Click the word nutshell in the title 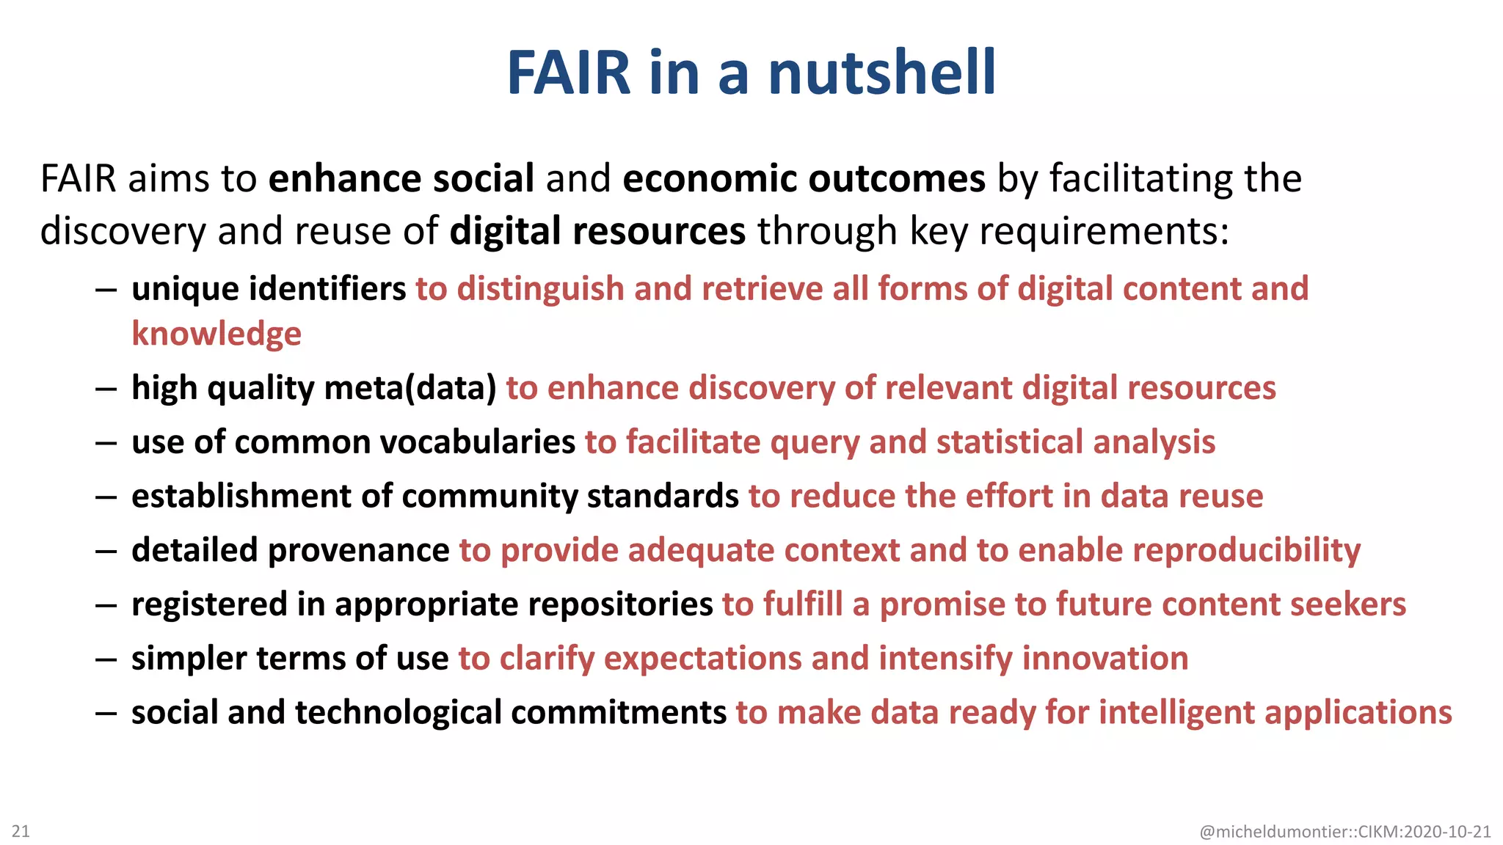coord(881,73)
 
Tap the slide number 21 coord(21,831)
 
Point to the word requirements coord(1103,231)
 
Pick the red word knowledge coord(216,334)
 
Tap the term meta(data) coord(410,388)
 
